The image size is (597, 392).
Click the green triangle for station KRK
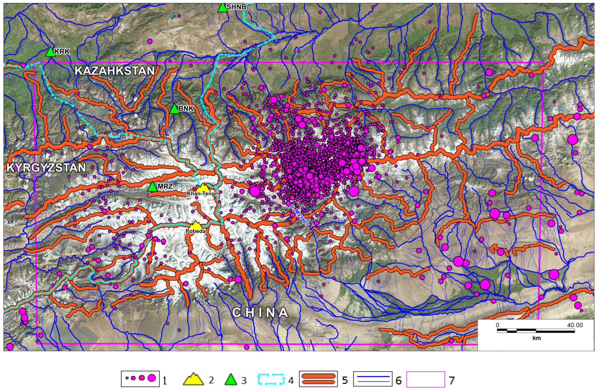(51, 52)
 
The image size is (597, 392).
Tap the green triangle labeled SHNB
(222, 8)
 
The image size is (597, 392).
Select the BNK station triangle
(174, 109)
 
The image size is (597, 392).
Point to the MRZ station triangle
(152, 187)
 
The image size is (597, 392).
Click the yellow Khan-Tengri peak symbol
(203, 188)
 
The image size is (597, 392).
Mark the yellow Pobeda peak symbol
(196, 225)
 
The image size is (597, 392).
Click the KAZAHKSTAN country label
(115, 71)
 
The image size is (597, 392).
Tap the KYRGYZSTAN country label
(46, 168)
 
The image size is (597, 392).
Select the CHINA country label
(260, 312)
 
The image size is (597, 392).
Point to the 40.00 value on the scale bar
(575, 325)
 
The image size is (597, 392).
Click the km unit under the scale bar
(536, 338)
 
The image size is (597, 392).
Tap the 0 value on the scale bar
(497, 325)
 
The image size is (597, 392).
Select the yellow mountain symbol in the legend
(193, 379)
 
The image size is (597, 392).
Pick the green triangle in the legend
(231, 380)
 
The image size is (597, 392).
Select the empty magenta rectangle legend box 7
(425, 379)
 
